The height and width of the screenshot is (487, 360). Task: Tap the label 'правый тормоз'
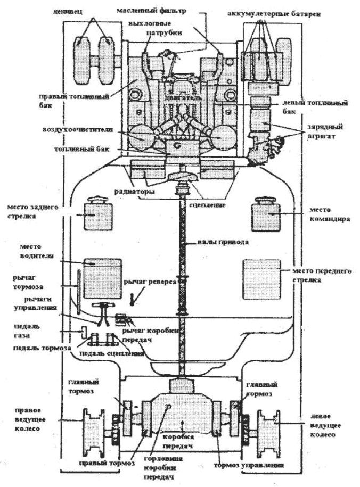(x=103, y=463)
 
